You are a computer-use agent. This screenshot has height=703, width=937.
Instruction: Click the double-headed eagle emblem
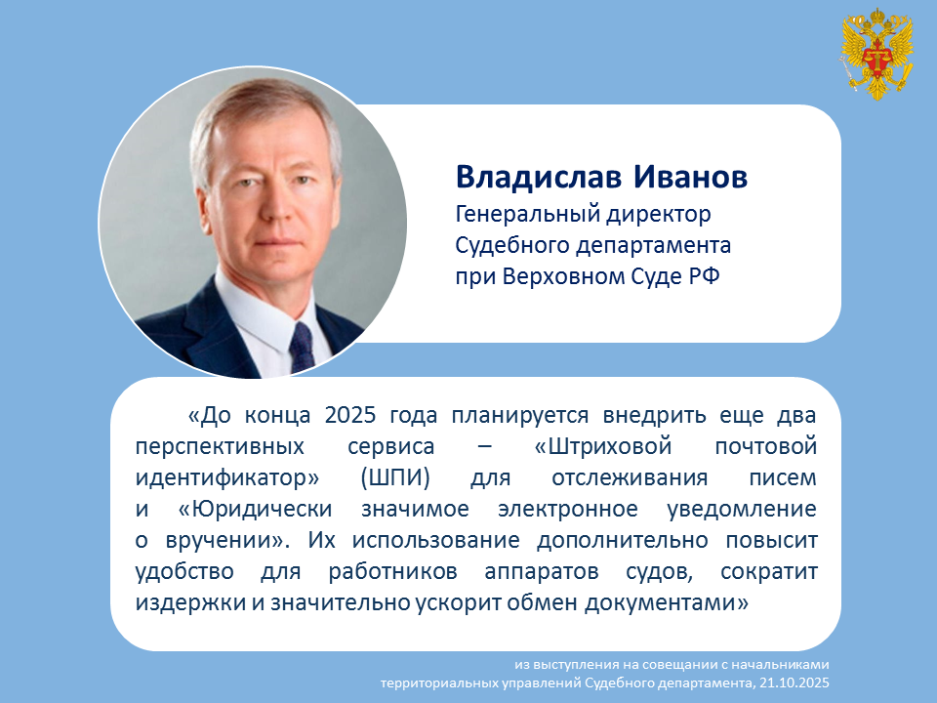pos(877,54)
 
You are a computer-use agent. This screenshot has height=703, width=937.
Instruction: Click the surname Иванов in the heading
pos(690,177)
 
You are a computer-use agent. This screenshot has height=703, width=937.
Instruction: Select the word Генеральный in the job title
pos(527,214)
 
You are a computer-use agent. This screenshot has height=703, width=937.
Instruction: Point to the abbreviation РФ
pos(705,276)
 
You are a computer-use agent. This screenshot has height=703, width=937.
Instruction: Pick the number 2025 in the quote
pos(350,415)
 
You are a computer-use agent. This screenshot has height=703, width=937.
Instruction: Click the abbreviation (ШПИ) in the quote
pos(395,478)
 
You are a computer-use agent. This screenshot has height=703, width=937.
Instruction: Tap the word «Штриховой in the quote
pos(603,446)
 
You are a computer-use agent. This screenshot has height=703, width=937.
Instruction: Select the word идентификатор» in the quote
pos(227,478)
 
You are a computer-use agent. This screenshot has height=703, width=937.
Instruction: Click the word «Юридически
pos(255,510)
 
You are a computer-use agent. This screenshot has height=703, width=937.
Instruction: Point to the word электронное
pos(568,510)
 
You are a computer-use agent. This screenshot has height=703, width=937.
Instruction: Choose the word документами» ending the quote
pos(667,602)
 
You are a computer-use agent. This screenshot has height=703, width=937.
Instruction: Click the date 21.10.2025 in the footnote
pos(794,682)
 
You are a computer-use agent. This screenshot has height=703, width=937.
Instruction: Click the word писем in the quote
pos(782,478)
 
